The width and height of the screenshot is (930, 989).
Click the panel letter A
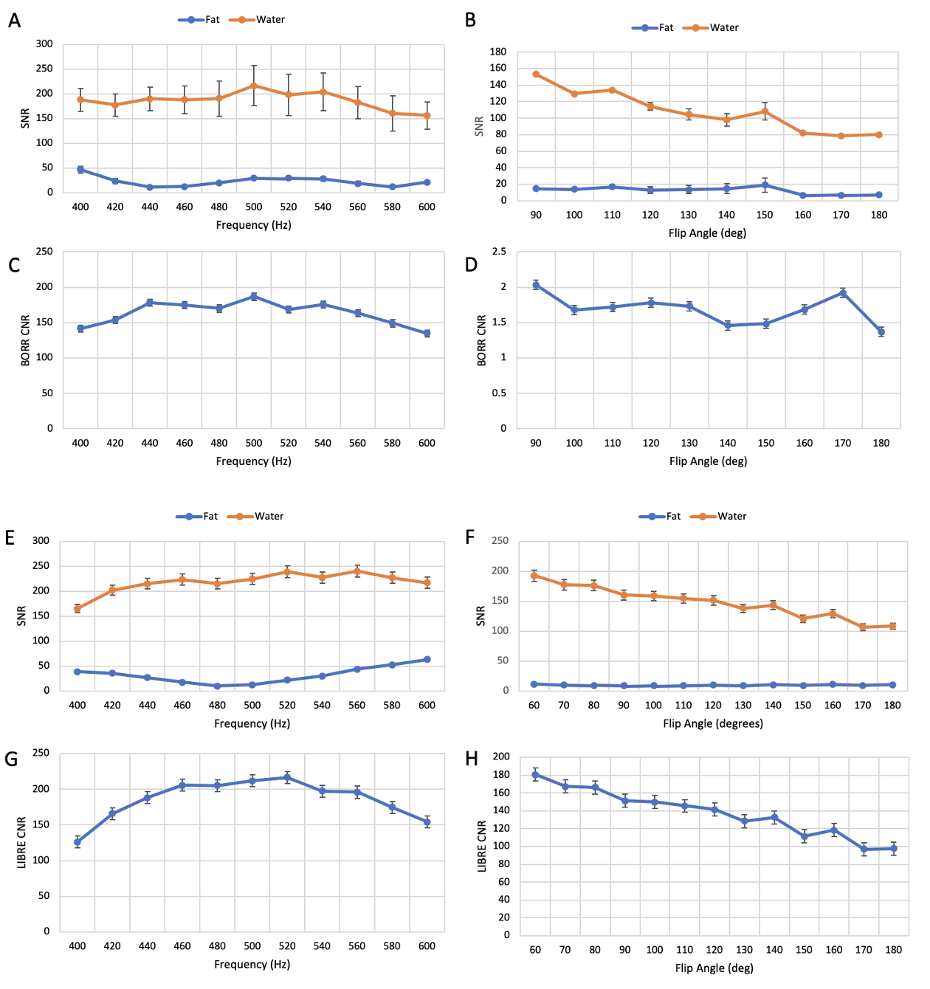pyautogui.click(x=14, y=21)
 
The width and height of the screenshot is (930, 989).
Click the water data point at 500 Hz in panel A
pyautogui.click(x=254, y=86)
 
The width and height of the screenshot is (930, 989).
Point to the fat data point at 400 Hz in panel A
pyautogui.click(x=80, y=170)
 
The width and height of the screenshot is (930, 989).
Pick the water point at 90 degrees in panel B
pyautogui.click(x=536, y=75)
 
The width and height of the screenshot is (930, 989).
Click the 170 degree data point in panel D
pyautogui.click(x=842, y=293)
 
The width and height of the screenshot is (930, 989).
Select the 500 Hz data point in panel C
pyautogui.click(x=254, y=297)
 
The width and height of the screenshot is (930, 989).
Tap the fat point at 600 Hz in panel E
pyautogui.click(x=427, y=660)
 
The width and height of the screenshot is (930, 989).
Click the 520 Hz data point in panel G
pyautogui.click(x=287, y=778)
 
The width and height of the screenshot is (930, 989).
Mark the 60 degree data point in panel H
pyautogui.click(x=535, y=775)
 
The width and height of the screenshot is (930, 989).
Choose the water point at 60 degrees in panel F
pyautogui.click(x=534, y=576)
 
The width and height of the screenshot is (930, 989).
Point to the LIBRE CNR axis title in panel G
pyautogui.click(x=22, y=842)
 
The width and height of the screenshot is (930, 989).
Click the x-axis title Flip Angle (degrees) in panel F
pyautogui.click(x=713, y=723)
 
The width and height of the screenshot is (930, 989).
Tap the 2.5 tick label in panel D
pyautogui.click(x=499, y=252)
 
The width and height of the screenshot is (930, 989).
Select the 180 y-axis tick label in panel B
pyautogui.click(x=498, y=52)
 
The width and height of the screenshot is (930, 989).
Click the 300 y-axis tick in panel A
pyautogui.click(x=44, y=44)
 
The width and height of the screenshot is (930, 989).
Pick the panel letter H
pyautogui.click(x=472, y=759)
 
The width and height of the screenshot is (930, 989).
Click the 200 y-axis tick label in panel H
pyautogui.click(x=502, y=757)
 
